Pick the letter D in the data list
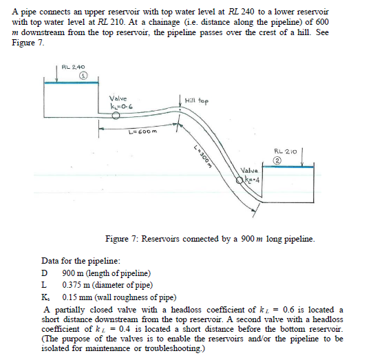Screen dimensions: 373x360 coord(45,273)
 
